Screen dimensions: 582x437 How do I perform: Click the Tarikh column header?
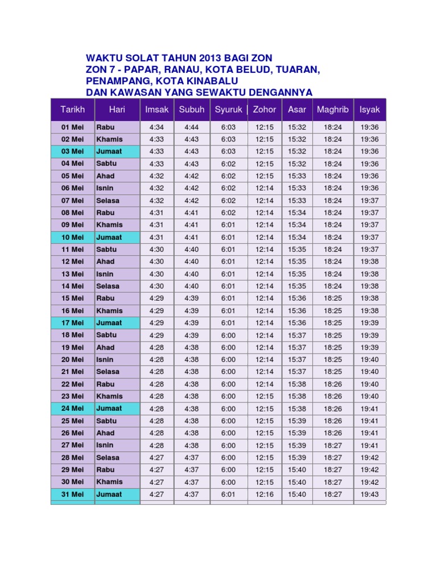tap(72, 109)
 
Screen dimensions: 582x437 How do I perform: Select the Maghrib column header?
tap(333, 109)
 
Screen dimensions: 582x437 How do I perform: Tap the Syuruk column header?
tap(228, 109)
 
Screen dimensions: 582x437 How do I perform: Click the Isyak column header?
tap(370, 109)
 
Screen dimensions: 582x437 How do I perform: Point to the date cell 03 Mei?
tap(72, 151)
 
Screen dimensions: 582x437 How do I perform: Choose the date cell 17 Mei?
tap(72, 323)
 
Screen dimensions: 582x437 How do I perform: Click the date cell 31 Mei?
tap(72, 494)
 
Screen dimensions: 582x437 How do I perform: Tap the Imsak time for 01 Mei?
tap(156, 127)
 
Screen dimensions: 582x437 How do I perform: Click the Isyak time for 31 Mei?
tap(370, 494)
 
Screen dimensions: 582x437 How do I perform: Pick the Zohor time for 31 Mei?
tap(265, 494)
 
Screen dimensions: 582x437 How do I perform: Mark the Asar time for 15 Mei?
tap(297, 298)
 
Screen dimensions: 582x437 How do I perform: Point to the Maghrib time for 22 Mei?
tap(333, 384)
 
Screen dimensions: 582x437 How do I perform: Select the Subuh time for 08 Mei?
tap(191, 213)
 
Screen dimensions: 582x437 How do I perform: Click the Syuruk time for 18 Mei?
tap(228, 335)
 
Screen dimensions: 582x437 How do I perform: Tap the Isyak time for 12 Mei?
tap(370, 261)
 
